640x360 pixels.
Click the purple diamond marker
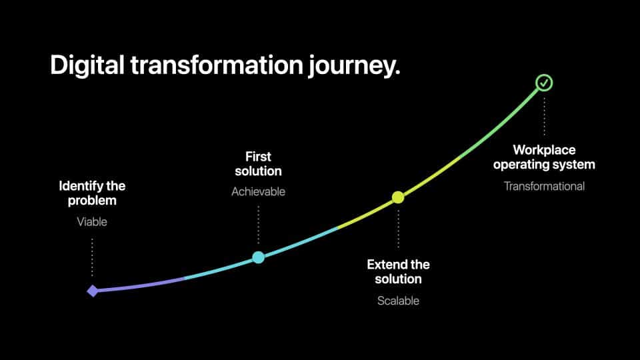(93, 291)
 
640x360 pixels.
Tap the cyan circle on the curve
(259, 257)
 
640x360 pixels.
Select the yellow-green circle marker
(398, 197)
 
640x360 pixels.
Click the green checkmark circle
(544, 83)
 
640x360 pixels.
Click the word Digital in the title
(87, 65)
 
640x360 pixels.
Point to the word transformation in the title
(217, 65)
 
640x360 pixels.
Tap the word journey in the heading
(354, 66)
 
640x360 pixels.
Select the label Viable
(92, 221)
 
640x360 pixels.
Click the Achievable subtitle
(259, 191)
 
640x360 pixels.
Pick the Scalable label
(399, 301)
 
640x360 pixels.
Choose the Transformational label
(544, 186)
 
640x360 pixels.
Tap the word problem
(92, 201)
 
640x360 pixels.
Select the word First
(259, 157)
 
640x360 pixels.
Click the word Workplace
(544, 150)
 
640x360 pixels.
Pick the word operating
(520, 165)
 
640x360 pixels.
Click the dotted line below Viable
(92, 257)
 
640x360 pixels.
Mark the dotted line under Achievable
(259, 225)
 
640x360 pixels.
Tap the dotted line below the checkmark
(544, 116)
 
